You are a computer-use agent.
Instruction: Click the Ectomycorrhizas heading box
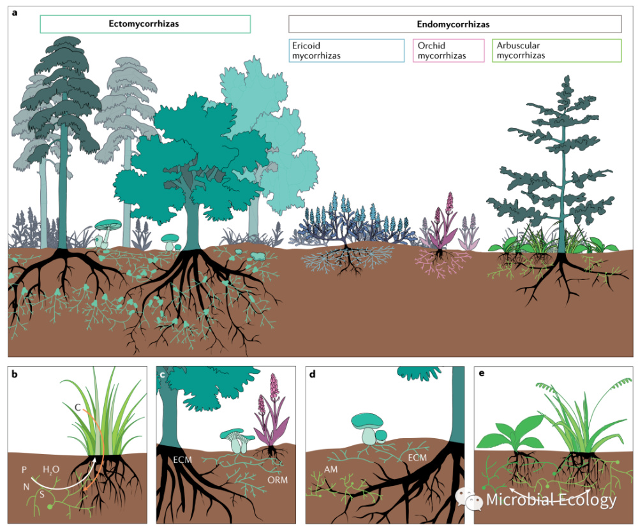[x=145, y=24]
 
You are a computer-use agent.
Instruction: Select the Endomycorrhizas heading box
[x=454, y=24]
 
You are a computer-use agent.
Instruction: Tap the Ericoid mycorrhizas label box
[x=346, y=50]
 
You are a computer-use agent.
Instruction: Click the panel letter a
[x=15, y=12]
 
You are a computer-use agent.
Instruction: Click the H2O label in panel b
[x=52, y=470]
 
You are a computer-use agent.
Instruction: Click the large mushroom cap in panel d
[x=367, y=421]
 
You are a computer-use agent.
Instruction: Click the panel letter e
[x=482, y=374]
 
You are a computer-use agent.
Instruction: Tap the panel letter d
[x=313, y=374]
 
